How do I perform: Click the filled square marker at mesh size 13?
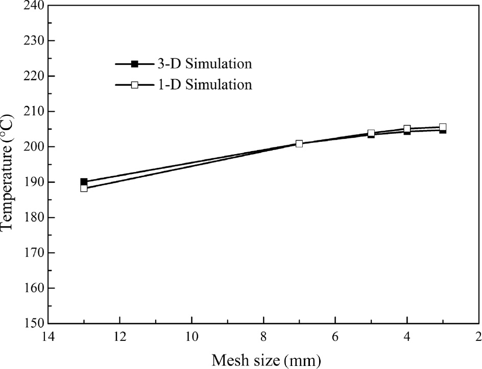coord(84,182)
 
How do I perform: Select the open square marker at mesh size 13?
coord(84,188)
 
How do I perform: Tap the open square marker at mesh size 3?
coord(443,127)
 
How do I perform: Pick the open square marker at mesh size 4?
coord(407,129)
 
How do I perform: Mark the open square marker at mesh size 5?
coord(371,133)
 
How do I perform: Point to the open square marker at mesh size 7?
coord(299,143)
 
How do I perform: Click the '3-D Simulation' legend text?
coord(203,64)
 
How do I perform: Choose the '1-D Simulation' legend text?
coord(203,84)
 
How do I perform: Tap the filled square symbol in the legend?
coord(135,64)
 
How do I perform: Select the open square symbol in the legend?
coord(135,85)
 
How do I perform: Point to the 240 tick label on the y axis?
coord(34,6)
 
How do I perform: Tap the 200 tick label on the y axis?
coord(34,147)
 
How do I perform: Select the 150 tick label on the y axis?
coord(34,324)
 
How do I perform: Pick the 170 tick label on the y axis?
coord(34,253)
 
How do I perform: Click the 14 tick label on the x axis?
coord(48,337)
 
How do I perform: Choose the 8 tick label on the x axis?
coord(263,337)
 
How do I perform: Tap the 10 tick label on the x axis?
coord(191,337)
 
